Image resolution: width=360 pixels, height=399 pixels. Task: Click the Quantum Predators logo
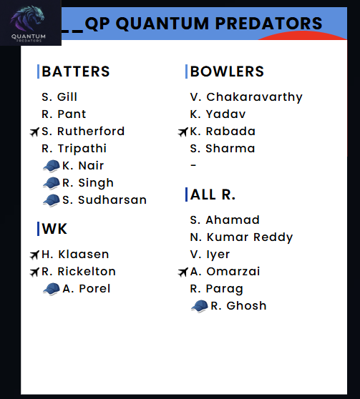(x=27, y=23)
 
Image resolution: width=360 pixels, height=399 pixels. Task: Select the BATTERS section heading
(x=76, y=72)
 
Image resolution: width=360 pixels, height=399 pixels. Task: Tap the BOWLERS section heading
(x=227, y=72)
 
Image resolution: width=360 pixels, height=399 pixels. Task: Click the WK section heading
(x=54, y=229)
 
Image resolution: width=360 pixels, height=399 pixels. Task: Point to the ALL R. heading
(x=213, y=194)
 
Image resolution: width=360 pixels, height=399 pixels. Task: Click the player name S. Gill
(x=59, y=97)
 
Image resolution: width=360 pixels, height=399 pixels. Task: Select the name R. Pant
(x=64, y=114)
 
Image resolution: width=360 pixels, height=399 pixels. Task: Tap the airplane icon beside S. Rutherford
(x=34, y=132)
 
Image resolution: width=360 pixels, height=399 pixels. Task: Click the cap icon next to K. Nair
(x=52, y=166)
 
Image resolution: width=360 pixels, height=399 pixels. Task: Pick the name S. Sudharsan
(x=104, y=200)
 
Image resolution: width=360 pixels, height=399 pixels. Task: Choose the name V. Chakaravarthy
(x=246, y=97)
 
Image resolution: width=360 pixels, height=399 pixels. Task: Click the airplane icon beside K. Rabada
(x=183, y=132)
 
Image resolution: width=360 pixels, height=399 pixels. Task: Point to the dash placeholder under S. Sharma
(x=193, y=165)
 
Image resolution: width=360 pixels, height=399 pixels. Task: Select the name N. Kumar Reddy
(x=241, y=237)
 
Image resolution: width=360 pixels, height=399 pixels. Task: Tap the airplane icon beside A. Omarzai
(x=183, y=272)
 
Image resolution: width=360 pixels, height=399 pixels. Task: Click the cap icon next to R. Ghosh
(x=200, y=306)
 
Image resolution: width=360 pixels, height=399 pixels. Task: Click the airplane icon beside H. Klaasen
(x=34, y=255)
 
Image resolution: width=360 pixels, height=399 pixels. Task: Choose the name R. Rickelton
(x=79, y=272)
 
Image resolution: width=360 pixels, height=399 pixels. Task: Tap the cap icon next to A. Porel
(x=52, y=289)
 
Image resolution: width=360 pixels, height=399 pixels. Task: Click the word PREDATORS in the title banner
(x=268, y=24)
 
